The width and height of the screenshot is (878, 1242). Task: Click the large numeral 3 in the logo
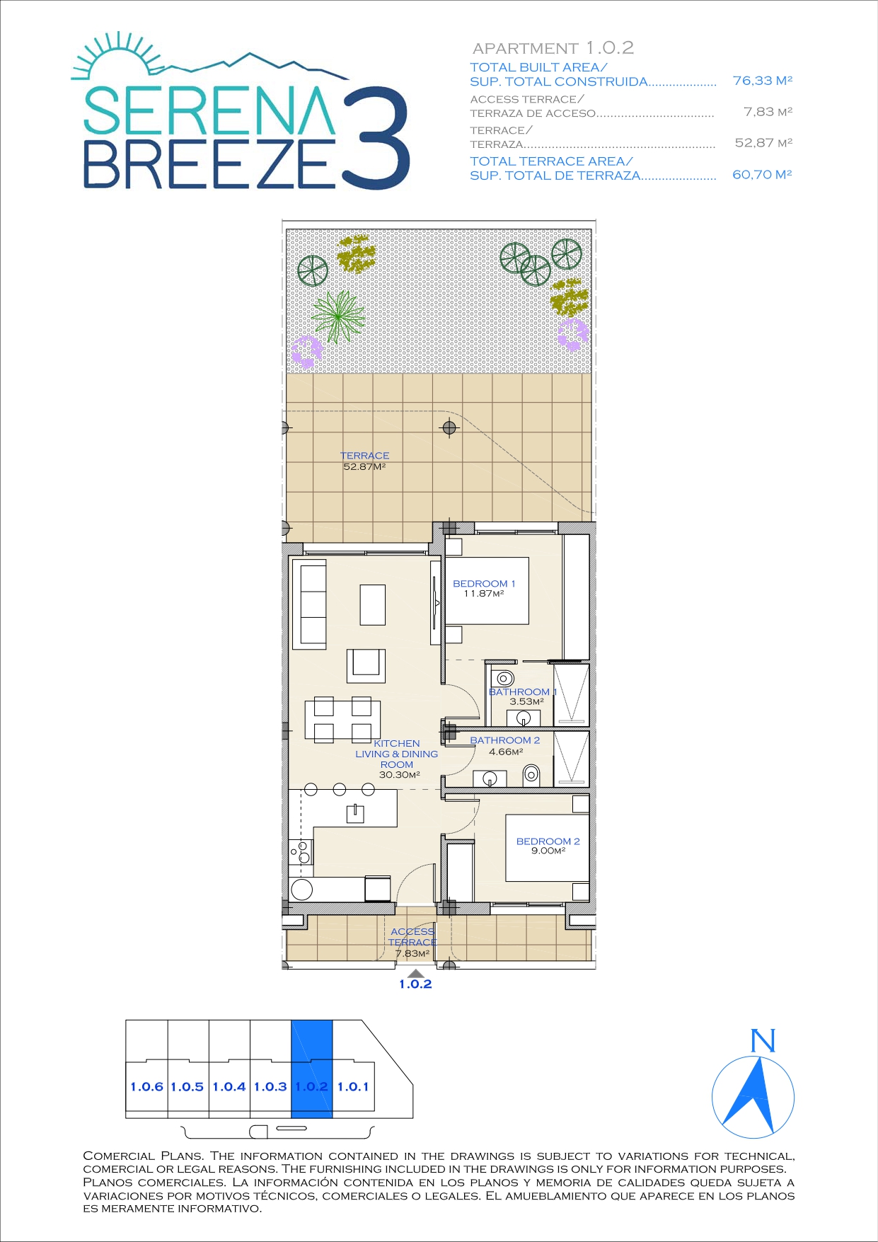point(375,138)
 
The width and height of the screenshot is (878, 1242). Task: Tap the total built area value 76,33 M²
point(762,81)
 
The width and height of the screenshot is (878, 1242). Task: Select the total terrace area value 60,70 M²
point(762,174)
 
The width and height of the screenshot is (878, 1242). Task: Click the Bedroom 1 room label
point(484,588)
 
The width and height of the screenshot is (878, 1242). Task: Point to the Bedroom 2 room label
point(548,846)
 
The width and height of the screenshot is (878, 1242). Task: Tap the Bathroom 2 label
point(505,746)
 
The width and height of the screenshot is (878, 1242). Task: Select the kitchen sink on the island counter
point(355,813)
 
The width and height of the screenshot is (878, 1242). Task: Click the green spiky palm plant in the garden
point(339,316)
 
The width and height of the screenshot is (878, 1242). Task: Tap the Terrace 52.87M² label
point(364,461)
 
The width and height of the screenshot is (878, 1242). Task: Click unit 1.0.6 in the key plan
point(146,1086)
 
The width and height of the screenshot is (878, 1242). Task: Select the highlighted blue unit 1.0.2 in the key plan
point(312,1069)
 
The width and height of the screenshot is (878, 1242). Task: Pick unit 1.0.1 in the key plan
point(353,1086)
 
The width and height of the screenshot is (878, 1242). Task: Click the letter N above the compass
point(763,1041)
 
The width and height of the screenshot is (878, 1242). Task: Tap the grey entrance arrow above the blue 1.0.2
point(416,974)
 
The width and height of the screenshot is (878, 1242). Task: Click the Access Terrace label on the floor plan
point(412,942)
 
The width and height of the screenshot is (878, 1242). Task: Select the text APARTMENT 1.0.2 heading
point(553,48)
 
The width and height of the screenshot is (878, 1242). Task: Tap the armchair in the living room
point(366,665)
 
